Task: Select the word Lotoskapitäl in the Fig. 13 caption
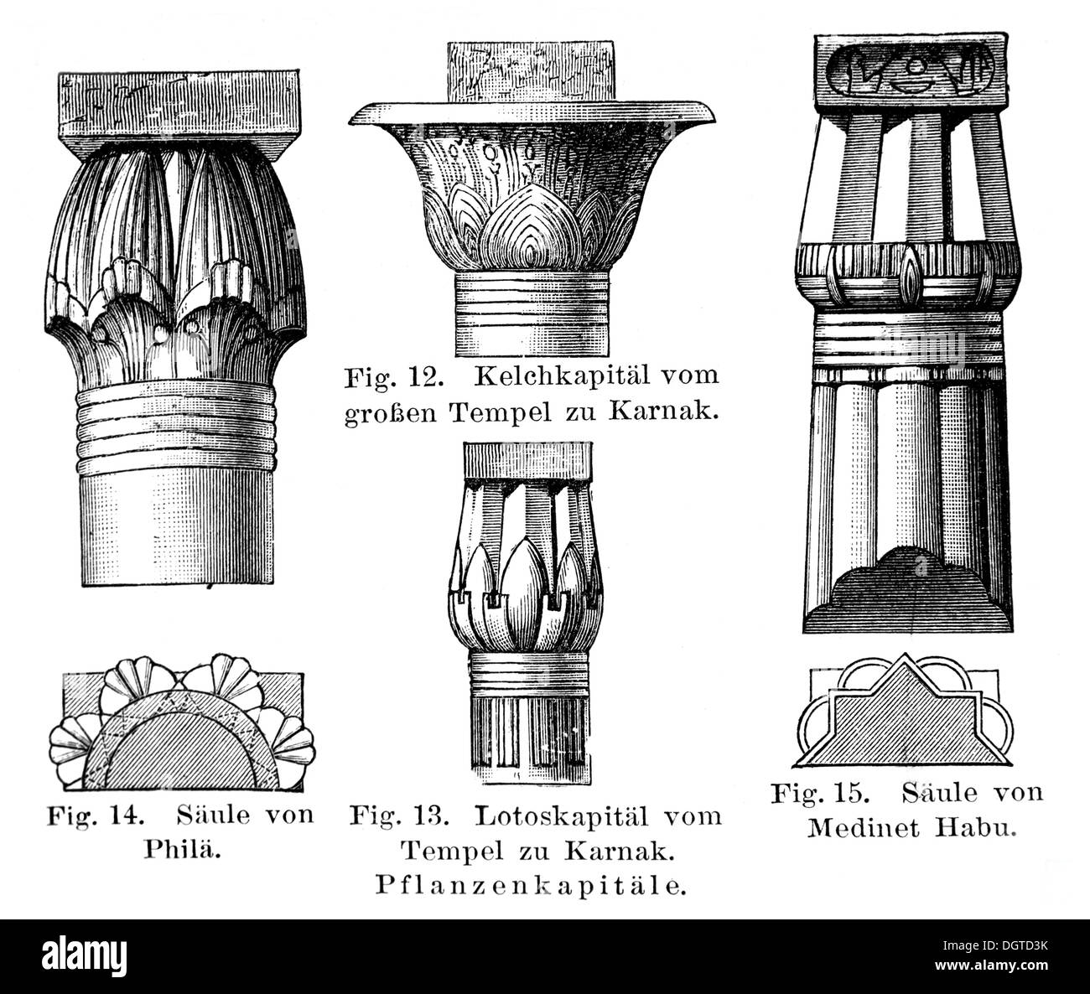(x=562, y=816)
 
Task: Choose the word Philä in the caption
(x=183, y=850)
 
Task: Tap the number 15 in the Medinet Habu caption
(x=849, y=793)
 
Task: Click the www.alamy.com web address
(x=991, y=966)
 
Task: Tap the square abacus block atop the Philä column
(x=179, y=115)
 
